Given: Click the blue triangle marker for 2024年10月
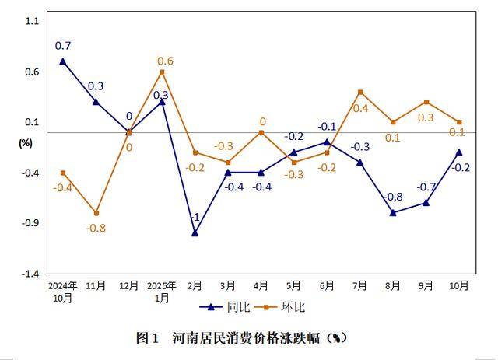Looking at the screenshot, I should point(63,61).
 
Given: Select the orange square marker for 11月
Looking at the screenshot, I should point(96,213).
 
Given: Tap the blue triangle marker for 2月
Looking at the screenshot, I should point(195,232).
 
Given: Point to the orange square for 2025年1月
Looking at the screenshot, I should point(162,72).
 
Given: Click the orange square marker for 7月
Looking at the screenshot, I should point(360,92).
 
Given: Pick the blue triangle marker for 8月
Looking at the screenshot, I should point(393,212).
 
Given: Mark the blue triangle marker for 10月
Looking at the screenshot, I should point(459,152).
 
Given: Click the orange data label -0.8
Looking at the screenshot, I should point(96,228).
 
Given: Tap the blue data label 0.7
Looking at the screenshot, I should point(63,46).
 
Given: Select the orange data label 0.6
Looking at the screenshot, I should point(165,61).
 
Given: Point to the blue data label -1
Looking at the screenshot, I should point(195,217).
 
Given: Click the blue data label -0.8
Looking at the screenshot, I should point(393,197).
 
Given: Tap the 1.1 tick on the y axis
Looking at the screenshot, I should point(31,21).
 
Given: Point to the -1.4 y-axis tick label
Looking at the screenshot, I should point(29,274).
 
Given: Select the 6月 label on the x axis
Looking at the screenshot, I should point(327,286).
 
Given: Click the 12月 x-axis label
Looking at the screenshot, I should point(128,286).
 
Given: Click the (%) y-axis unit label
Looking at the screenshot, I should point(26,142).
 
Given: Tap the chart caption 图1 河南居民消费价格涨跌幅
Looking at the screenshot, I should point(241,337).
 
